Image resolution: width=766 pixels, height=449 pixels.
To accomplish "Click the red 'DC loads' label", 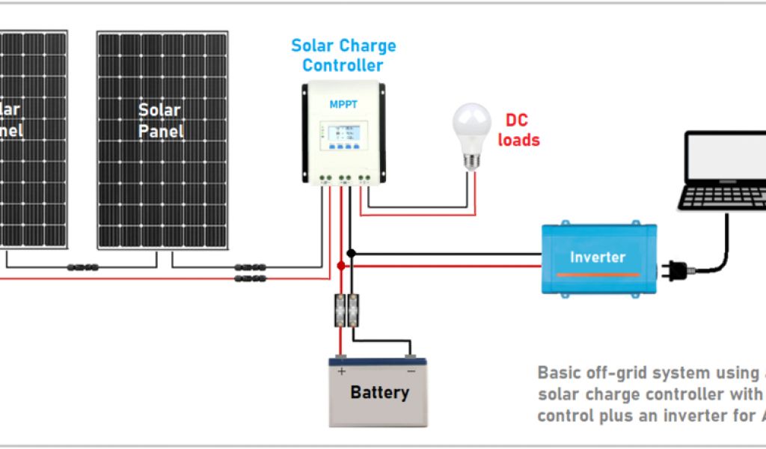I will tap(518, 130).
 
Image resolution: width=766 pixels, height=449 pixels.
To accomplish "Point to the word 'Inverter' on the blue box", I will tap(597, 257).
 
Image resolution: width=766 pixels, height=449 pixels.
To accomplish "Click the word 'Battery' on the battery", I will tap(379, 392).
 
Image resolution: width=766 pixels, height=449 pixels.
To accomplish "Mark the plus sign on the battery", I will tap(342, 370).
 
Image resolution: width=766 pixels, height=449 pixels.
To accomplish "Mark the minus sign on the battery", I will tap(411, 370).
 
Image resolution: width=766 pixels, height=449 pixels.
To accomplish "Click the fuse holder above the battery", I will tap(346, 309).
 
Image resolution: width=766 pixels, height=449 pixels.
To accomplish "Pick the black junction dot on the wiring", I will tap(351, 254).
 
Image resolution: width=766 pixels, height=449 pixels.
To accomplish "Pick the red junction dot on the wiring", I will tap(341, 266).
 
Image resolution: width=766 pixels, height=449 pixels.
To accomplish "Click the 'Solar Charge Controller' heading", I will tap(343, 55).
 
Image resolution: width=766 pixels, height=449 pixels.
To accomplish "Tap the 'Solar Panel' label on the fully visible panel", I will tap(161, 120).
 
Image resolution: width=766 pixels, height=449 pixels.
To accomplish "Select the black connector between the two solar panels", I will tap(82, 267).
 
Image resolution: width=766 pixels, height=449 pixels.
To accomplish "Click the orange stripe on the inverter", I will tap(597, 275).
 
